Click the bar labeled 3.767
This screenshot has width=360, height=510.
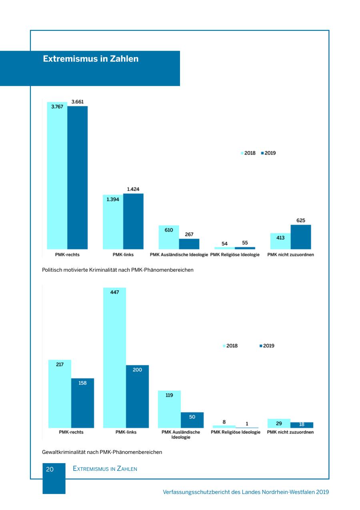point(57,176)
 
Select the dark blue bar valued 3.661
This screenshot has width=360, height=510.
point(77,178)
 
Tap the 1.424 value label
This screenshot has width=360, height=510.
point(133,189)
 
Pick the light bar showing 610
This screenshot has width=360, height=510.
point(169,237)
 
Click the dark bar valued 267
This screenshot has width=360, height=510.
point(189,244)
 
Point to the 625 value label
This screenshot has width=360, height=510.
point(301,220)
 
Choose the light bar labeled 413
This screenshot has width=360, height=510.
point(280,241)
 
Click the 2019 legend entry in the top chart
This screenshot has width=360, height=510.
point(268,153)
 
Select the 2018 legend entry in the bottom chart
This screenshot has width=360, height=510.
point(230,346)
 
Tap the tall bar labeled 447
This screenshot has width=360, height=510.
point(114,358)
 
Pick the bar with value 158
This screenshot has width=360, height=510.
point(82,403)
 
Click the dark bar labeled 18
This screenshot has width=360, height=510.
point(302,425)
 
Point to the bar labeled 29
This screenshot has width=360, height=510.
point(279,423)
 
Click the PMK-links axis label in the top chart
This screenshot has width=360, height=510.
point(123,255)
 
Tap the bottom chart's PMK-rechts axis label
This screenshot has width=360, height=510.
point(71,432)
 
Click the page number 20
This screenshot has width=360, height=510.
point(50,469)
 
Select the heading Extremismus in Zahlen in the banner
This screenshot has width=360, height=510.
point(91,59)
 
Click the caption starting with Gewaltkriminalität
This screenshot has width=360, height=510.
point(102,452)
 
